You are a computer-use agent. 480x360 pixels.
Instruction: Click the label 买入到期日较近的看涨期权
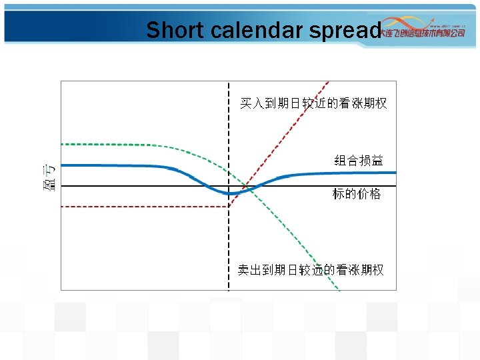pyautogui.click(x=313, y=103)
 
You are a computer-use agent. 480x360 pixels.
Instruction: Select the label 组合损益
pyautogui.click(x=358, y=160)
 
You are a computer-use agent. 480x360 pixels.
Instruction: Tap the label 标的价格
pyautogui.click(x=357, y=194)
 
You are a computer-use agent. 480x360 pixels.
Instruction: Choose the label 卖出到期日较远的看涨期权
pyautogui.click(x=311, y=270)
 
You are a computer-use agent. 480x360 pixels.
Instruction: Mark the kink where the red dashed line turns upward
pyautogui.click(x=229, y=207)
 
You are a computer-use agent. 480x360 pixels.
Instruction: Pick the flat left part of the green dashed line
pyautogui.click(x=120, y=145)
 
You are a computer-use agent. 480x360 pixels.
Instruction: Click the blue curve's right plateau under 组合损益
pyautogui.click(x=347, y=173)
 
